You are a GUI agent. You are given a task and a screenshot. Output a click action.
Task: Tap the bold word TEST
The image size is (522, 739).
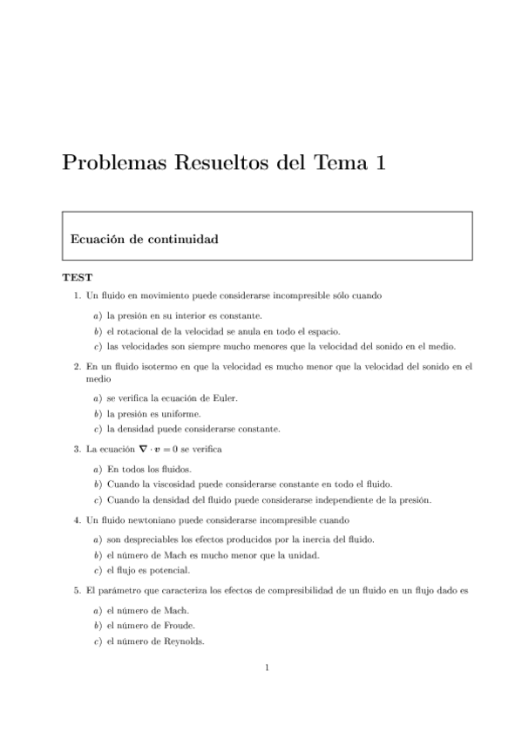click(x=77, y=279)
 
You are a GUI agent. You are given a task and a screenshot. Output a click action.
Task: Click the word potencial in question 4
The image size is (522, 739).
click(x=171, y=571)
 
